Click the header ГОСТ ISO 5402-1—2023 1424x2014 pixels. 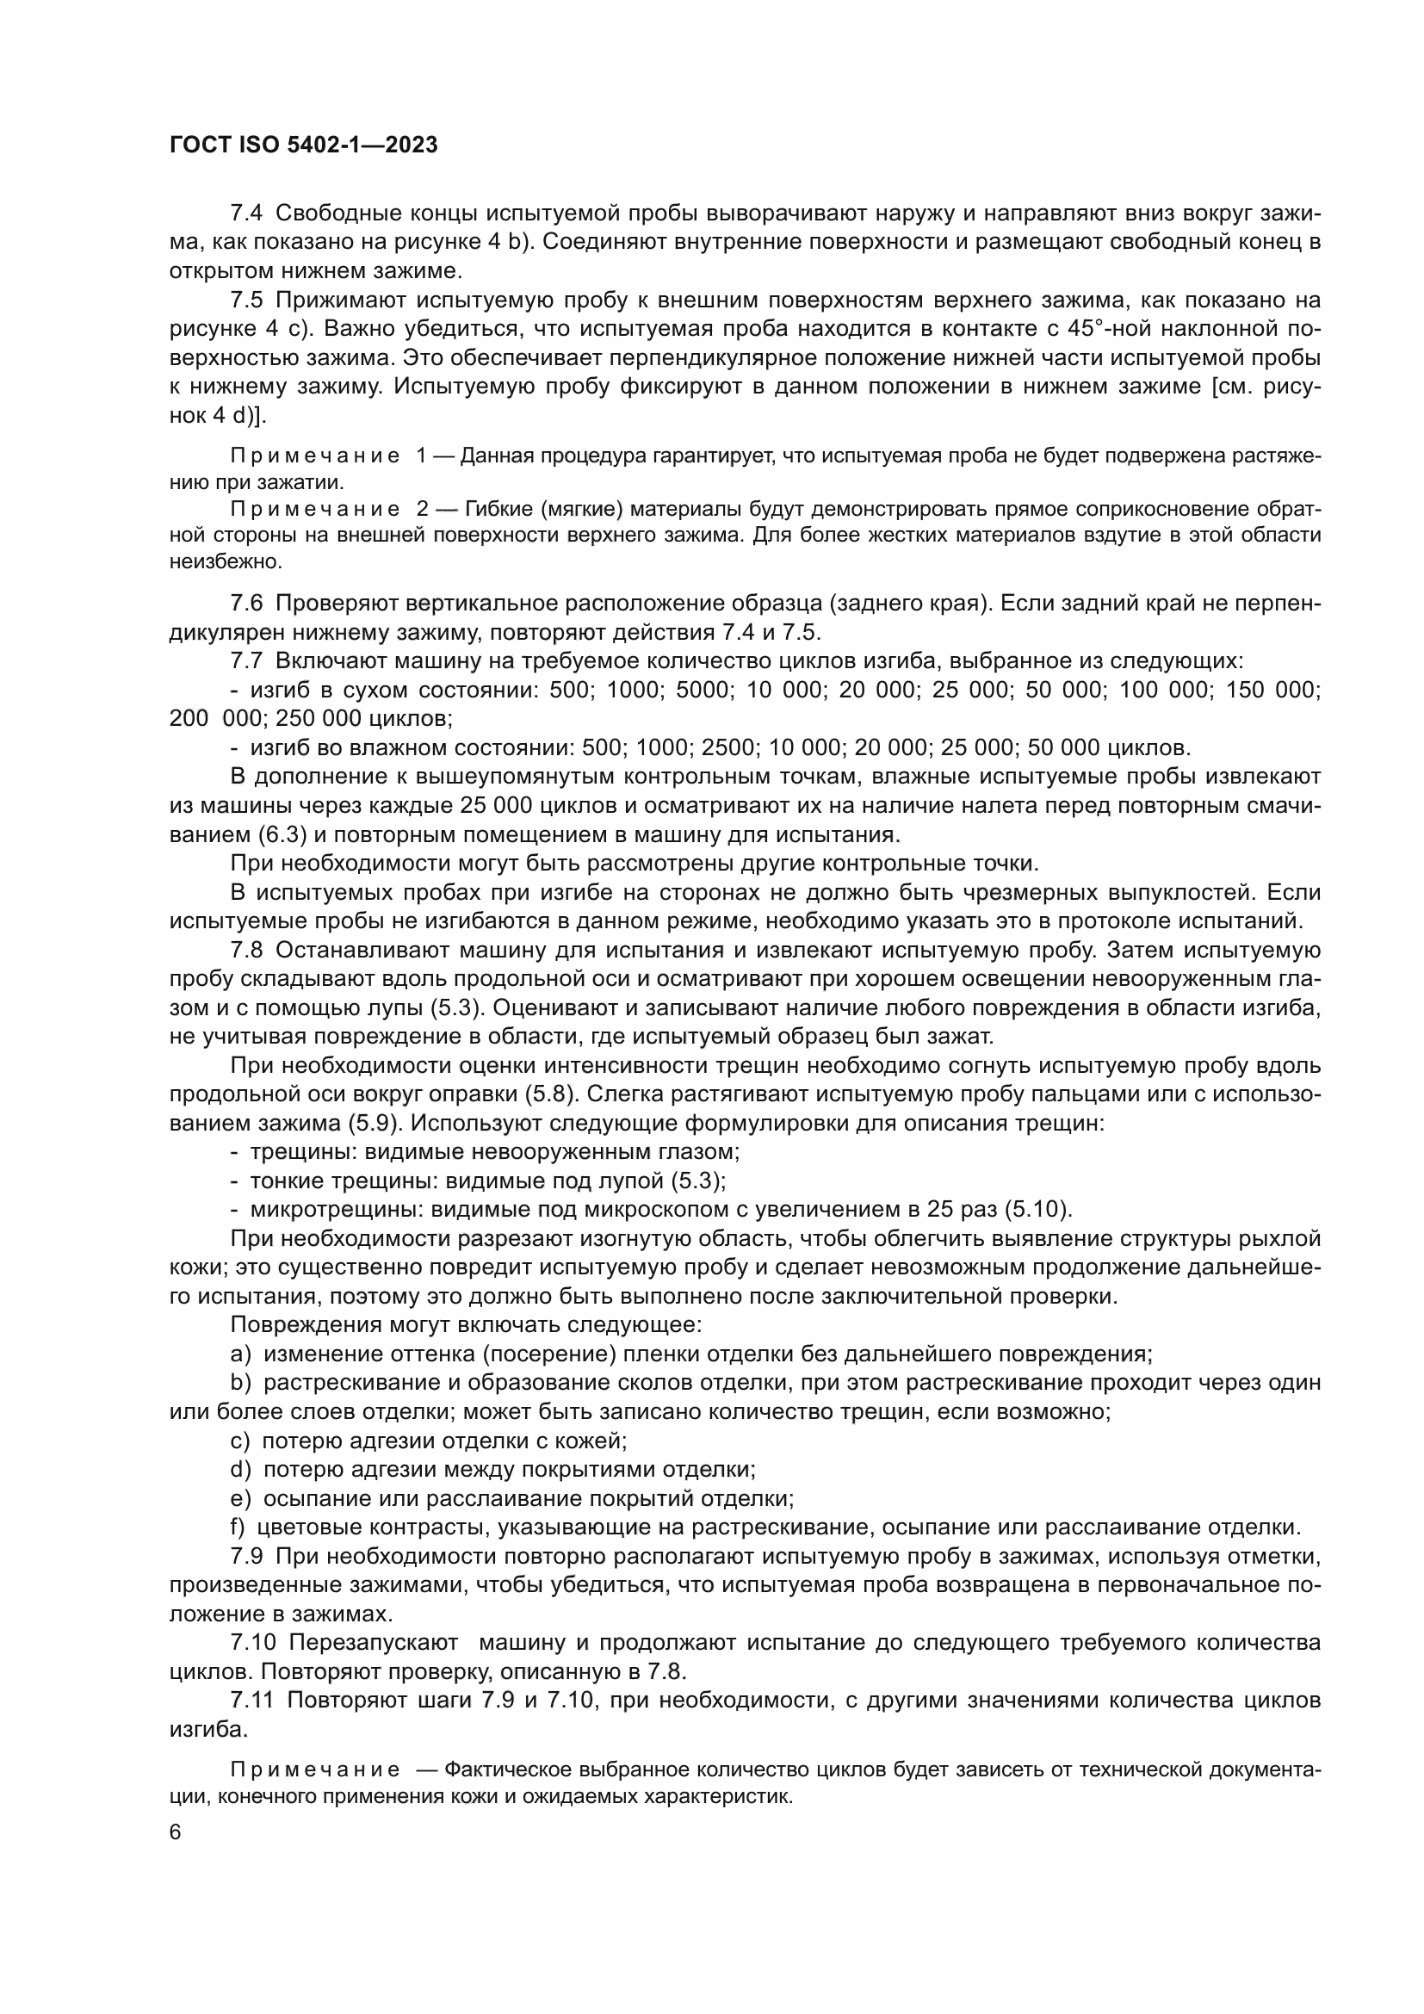click(302, 145)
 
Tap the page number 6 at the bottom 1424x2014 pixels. click(176, 1832)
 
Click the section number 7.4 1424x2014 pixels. click(246, 214)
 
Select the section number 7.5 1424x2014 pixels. click(246, 300)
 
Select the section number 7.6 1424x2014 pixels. click(246, 604)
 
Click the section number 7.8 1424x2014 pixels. click(246, 950)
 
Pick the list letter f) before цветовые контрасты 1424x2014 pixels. click(238, 1527)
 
